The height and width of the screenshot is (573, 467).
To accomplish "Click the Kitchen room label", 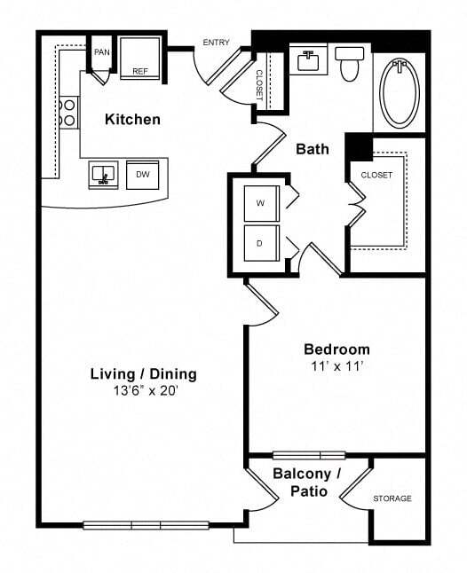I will [x=132, y=119].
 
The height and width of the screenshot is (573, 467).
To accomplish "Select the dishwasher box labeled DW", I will [x=142, y=175].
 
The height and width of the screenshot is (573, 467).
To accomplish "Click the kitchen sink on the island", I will [x=104, y=175].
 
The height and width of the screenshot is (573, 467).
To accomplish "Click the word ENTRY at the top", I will [x=217, y=43].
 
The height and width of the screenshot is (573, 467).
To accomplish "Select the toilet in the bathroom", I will [x=348, y=64].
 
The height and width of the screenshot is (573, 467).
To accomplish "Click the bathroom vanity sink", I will [x=309, y=61].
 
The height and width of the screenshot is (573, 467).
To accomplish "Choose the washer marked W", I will [x=261, y=203].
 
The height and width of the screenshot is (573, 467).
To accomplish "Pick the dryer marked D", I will [x=261, y=242].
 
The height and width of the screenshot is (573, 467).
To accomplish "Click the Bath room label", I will [x=313, y=149].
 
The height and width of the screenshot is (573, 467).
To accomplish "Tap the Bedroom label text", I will [x=336, y=349].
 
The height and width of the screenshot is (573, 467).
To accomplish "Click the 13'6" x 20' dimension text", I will [x=143, y=389].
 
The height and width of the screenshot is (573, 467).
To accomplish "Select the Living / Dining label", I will [x=143, y=373].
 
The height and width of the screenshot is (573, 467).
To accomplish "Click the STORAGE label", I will [x=392, y=498].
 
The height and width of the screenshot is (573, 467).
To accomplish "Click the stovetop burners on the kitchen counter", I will [x=67, y=111].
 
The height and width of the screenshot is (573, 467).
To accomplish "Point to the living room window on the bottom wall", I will [x=146, y=525].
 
